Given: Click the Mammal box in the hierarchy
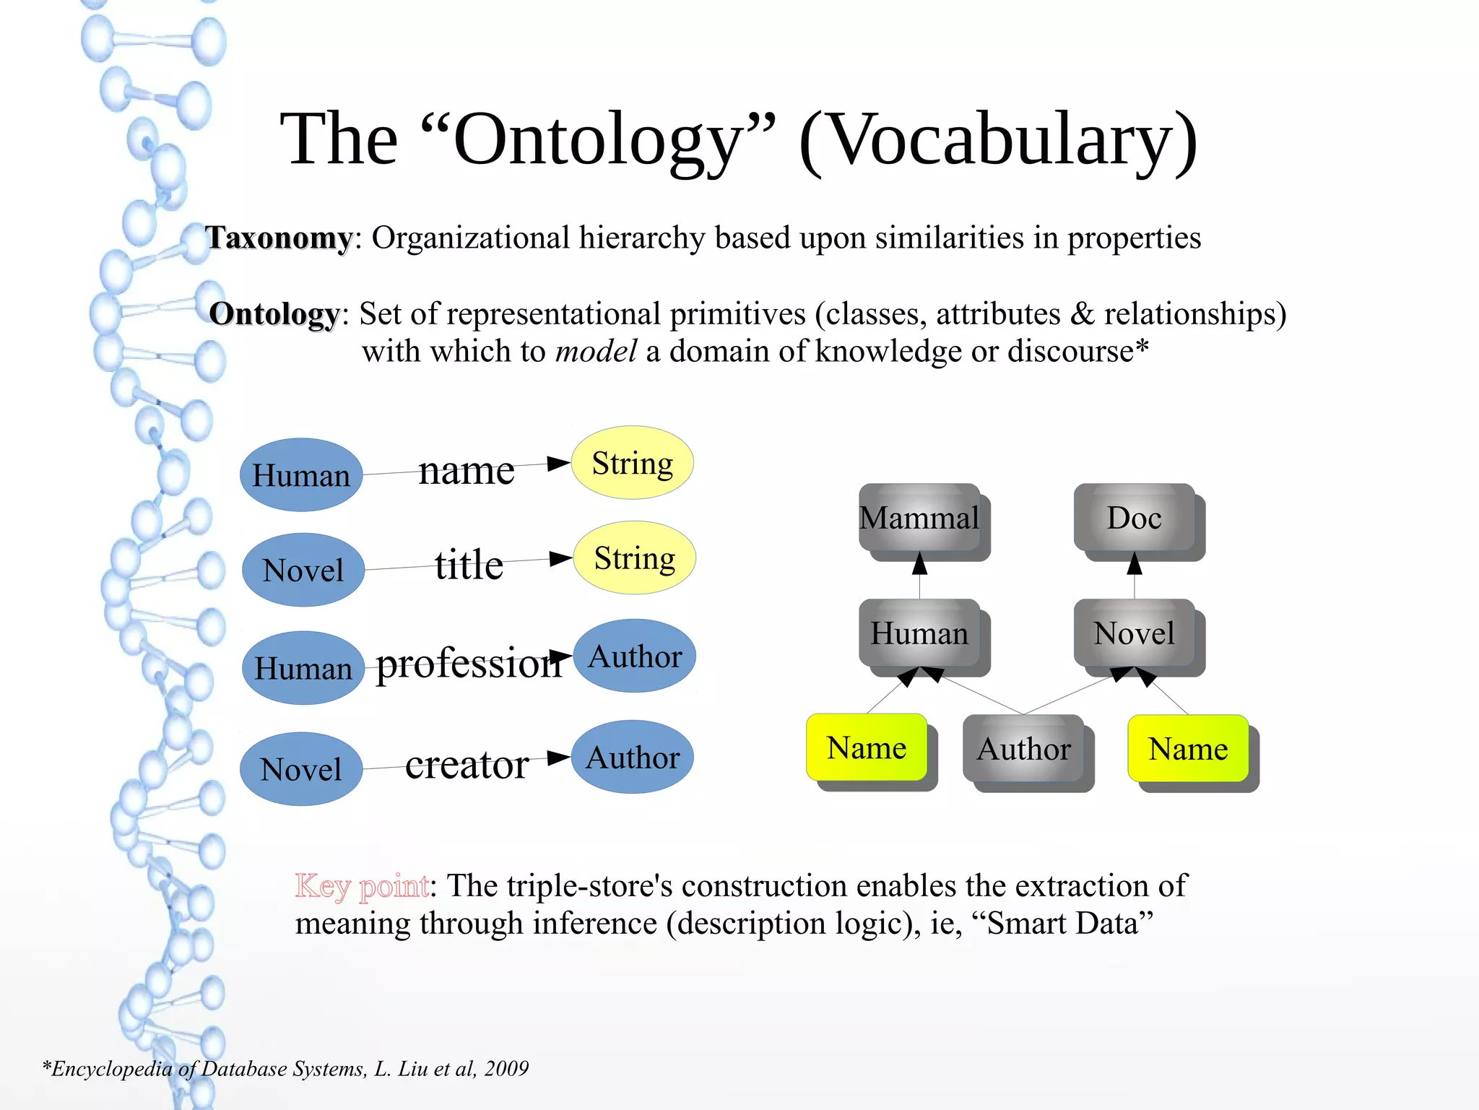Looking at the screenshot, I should tap(919, 517).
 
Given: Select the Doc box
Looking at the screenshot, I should tap(1134, 517).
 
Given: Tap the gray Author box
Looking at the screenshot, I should tap(1023, 748).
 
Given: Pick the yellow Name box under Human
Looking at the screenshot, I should tap(867, 747).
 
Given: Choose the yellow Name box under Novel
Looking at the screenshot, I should tap(1188, 748).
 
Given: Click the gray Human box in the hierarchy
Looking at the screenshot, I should tap(919, 633).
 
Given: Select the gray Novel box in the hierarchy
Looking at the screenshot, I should tap(1134, 633).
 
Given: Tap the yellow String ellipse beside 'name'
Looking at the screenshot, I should tap(633, 463).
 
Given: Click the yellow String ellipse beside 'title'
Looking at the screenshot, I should tap(635, 558).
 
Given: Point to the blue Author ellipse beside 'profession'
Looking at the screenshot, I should tap(635, 656).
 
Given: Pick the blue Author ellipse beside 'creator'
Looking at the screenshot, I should tap(633, 757).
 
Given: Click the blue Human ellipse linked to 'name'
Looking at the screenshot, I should tap(301, 475).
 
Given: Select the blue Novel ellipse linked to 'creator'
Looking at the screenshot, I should tap(301, 769).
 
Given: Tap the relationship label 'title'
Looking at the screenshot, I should tap(469, 564).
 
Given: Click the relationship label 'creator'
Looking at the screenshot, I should tap(467, 764).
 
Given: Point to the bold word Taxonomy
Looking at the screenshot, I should tap(279, 238).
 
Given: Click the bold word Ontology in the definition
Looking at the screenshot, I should tap(274, 314).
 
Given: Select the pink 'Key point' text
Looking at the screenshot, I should tap(362, 886).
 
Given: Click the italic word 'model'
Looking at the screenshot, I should tap(596, 352).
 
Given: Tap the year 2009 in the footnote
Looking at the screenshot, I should tap(506, 1068).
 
